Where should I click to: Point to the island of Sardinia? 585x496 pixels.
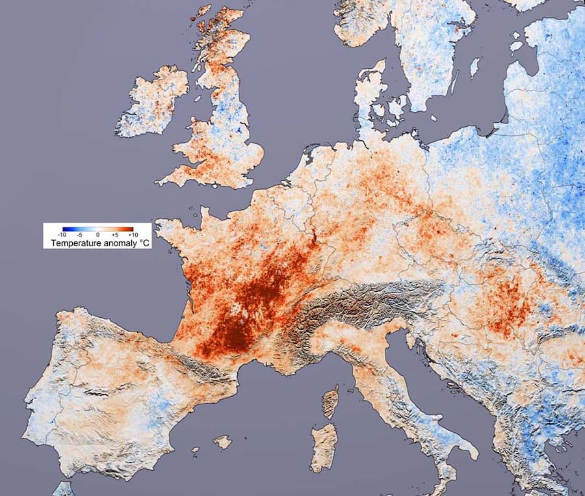(x=325, y=446)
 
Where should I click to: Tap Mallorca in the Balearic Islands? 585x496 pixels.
(x=222, y=442)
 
